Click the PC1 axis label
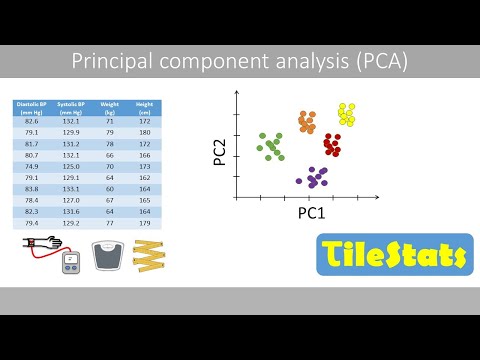[313, 214]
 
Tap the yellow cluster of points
[346, 113]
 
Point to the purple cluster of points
[315, 178]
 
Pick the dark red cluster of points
[332, 145]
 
